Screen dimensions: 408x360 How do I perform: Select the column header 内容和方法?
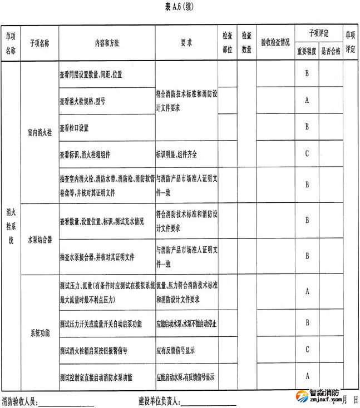(x=107, y=42)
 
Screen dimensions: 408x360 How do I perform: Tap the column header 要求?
(x=186, y=42)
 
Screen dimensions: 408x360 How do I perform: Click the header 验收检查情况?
(x=275, y=42)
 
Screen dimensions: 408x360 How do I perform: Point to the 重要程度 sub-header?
(x=305, y=51)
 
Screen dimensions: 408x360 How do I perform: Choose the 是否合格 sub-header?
(x=331, y=51)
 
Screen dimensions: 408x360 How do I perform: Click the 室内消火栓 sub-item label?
(x=39, y=133)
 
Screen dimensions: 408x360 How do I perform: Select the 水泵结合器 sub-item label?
(x=39, y=240)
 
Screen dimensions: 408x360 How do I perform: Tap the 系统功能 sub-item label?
(x=39, y=333)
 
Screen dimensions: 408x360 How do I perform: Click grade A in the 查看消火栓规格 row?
(x=307, y=101)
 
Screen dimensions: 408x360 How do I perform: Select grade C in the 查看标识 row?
(x=307, y=153)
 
